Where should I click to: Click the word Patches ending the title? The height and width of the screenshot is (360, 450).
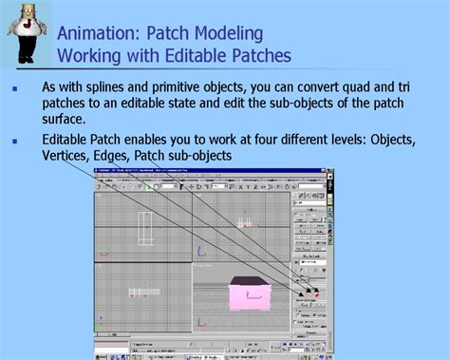click(x=257, y=54)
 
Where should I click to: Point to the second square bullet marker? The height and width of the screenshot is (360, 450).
click(x=14, y=142)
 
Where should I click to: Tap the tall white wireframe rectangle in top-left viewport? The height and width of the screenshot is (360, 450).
click(x=145, y=229)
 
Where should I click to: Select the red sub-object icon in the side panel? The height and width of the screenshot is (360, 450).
click(x=315, y=295)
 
